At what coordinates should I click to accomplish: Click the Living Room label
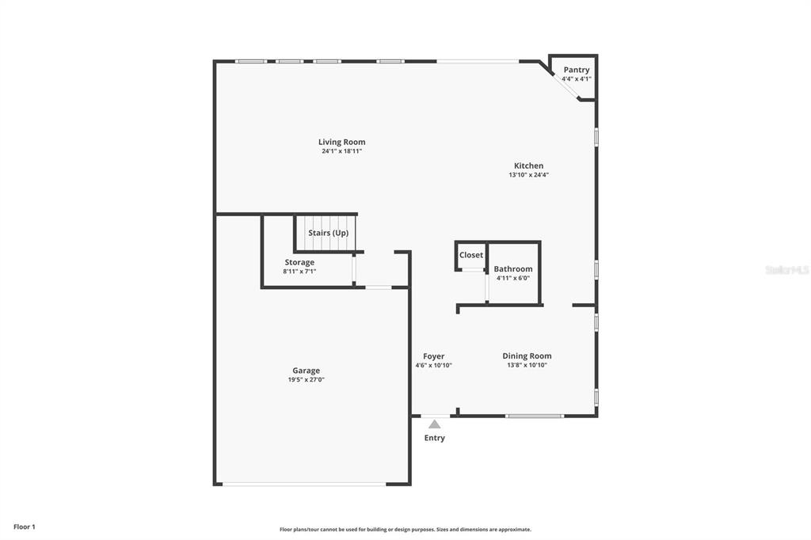[341, 142]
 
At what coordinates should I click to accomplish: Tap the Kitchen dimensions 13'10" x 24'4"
[528, 175]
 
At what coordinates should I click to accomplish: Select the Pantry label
[577, 70]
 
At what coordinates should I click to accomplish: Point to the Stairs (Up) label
[329, 233]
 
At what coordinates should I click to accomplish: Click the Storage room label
[299, 262]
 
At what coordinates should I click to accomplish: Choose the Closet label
[471, 255]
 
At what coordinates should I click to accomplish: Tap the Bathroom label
[513, 269]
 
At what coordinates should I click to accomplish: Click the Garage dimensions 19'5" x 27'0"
[307, 379]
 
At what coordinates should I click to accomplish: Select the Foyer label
[433, 356]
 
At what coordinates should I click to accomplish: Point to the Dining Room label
[527, 356]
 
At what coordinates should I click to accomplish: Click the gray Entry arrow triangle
[435, 424]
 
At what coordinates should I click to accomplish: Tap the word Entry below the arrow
[435, 438]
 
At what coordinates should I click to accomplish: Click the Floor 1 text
[25, 527]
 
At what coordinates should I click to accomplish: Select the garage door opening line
[304, 484]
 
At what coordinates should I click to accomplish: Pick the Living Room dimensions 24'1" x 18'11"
[341, 151]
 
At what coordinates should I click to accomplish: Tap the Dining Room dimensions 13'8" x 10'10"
[527, 365]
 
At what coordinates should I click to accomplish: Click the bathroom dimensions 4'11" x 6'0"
[513, 278]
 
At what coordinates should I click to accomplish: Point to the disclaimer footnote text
[405, 530]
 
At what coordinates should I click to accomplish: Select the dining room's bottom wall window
[535, 416]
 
